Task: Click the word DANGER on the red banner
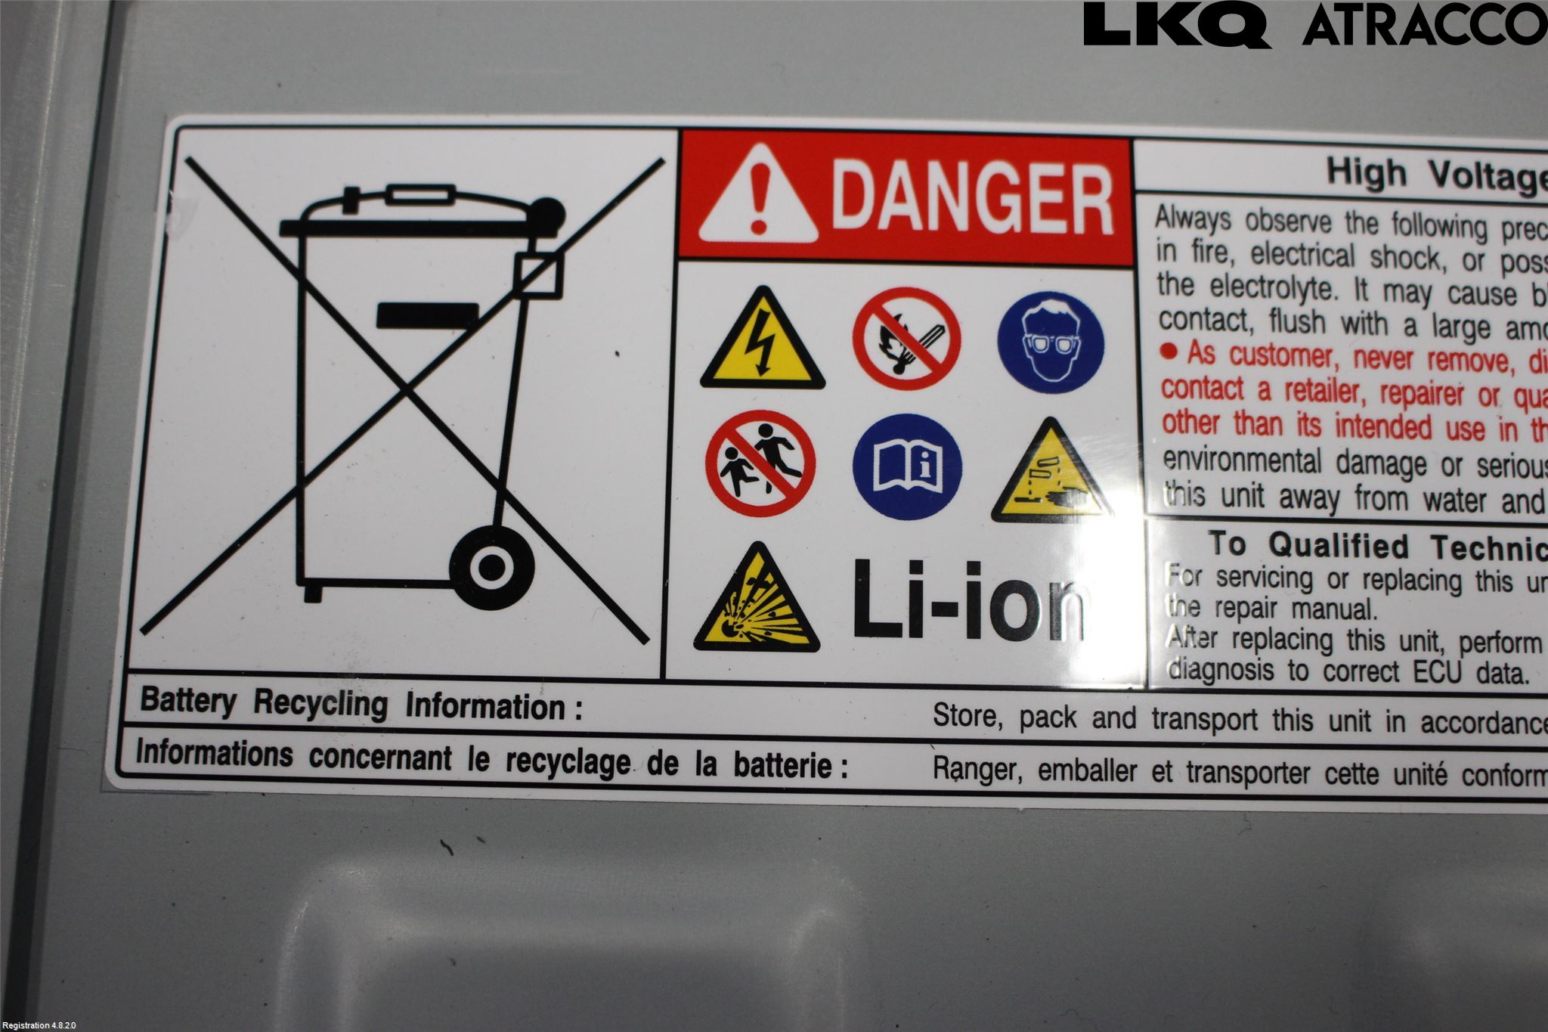(973, 199)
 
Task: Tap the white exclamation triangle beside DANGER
(757, 201)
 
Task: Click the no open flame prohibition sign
(906, 338)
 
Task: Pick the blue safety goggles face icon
(1050, 342)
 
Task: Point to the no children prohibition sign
(760, 463)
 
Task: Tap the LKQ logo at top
(1176, 24)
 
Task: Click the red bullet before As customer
(1169, 351)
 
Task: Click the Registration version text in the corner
(39, 1025)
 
